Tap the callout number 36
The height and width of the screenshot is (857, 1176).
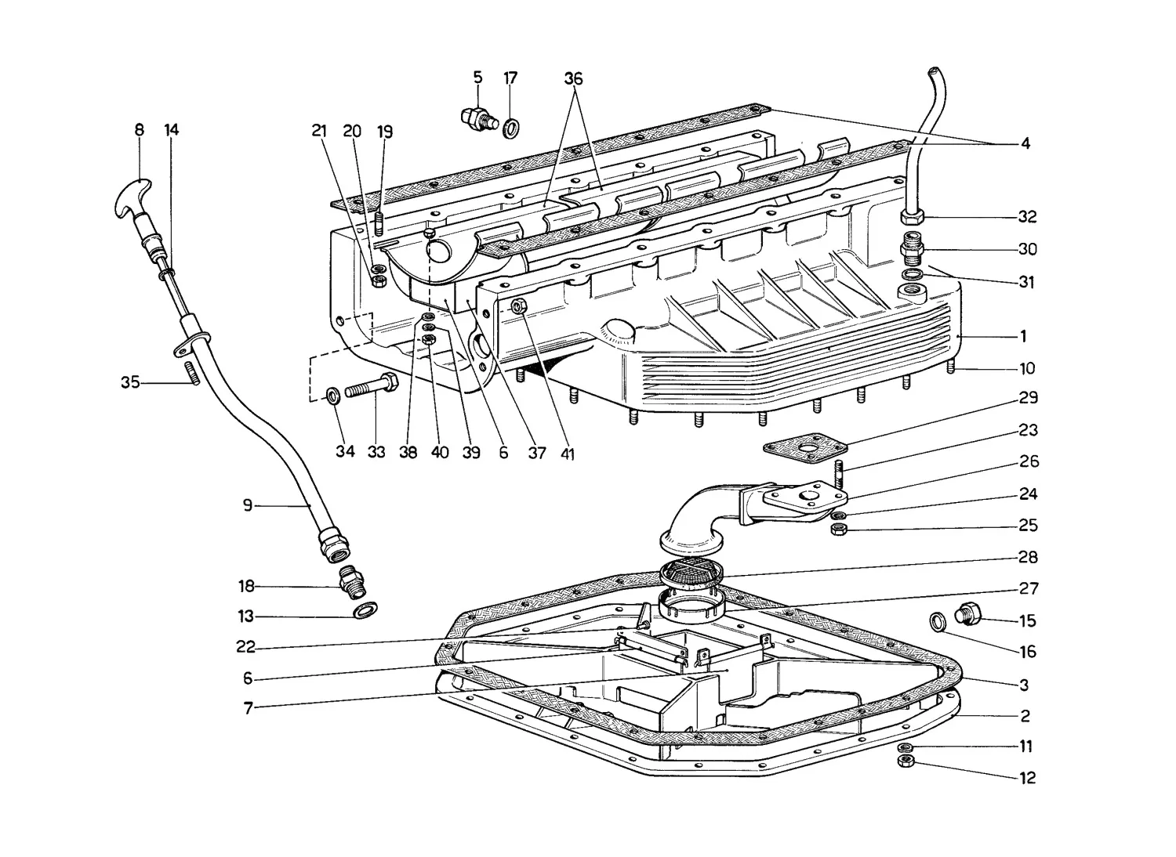(573, 79)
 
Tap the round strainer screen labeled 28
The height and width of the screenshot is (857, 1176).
(691, 572)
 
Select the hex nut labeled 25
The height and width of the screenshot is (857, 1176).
(839, 530)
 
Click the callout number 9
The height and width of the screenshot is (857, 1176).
(247, 505)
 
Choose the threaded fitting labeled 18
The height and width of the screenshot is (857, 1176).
(352, 582)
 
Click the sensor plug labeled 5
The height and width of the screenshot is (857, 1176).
(477, 120)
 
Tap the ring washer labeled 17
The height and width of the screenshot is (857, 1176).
(511, 128)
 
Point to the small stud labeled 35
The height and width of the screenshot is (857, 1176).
(191, 373)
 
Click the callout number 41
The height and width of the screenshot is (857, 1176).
(568, 452)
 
